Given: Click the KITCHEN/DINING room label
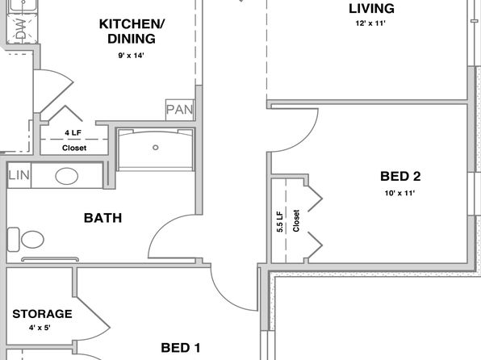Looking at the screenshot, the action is (132, 31).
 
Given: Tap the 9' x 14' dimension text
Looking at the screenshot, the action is (132, 56).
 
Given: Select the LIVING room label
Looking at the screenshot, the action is (371, 9).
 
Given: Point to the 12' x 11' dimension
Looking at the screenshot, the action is (370, 23).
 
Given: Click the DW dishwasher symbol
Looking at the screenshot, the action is (22, 29).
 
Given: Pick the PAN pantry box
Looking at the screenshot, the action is (180, 110).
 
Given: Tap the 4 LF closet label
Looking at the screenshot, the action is (73, 132).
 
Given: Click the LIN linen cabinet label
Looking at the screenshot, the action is (19, 175).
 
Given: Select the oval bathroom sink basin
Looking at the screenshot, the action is (66, 176).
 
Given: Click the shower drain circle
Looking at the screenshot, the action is (156, 148).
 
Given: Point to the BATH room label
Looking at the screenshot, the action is (102, 218).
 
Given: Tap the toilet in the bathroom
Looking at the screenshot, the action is (26, 240).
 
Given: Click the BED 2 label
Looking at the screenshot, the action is (400, 176).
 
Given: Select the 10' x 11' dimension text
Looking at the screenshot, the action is (399, 193).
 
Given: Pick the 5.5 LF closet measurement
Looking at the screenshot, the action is (280, 222).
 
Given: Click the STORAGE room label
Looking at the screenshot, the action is (42, 314).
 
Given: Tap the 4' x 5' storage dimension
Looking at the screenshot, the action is (40, 328).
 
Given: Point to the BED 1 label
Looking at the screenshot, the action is (181, 348).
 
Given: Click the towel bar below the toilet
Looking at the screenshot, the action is (50, 259).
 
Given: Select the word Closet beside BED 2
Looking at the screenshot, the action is (296, 220).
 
